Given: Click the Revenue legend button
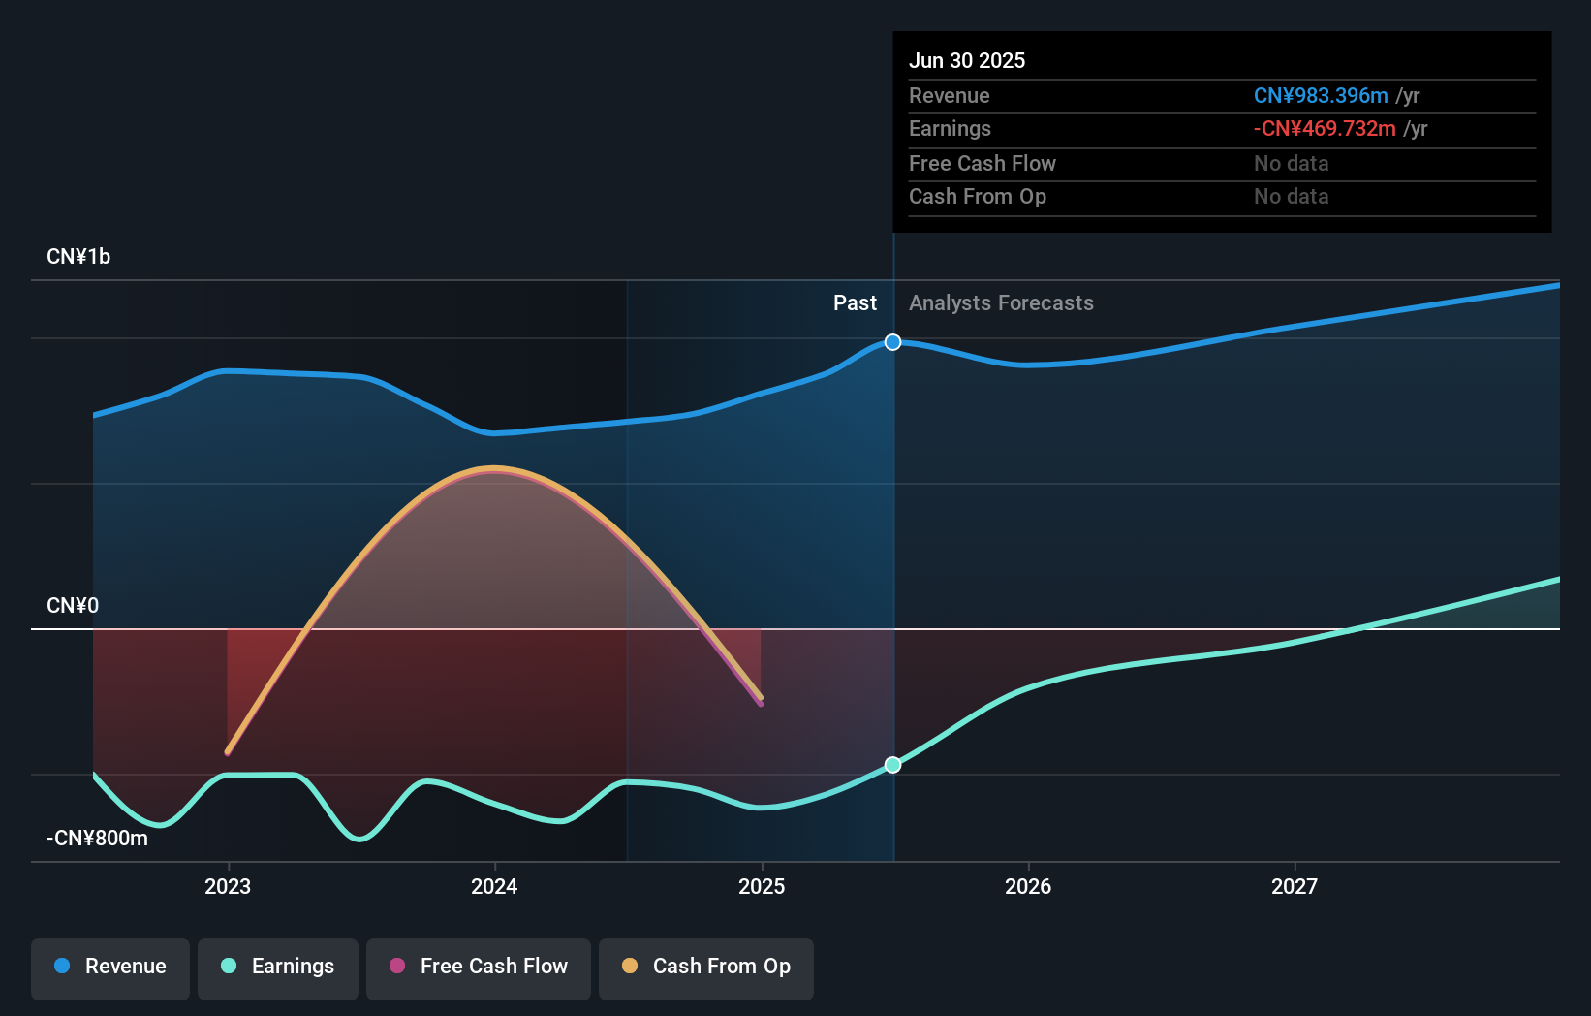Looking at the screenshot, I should [x=110, y=967].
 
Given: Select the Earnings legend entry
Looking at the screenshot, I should [x=278, y=967].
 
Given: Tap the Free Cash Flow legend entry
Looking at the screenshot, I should [x=479, y=967].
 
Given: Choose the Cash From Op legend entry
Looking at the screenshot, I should [x=706, y=967].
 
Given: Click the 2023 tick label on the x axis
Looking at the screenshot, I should [x=228, y=886].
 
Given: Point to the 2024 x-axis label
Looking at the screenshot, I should [x=494, y=886].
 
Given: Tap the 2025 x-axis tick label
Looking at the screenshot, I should [x=762, y=886].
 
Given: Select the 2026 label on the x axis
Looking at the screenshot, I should [x=1028, y=886].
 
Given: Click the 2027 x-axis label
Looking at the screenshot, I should [x=1295, y=886].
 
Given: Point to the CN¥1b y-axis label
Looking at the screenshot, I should [x=78, y=257].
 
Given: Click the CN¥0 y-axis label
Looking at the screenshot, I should [x=73, y=606].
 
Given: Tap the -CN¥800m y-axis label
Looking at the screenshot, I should [x=98, y=839].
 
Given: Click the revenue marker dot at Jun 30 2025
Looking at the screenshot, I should [x=893, y=342].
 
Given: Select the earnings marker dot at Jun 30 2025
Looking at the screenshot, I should [x=893, y=765].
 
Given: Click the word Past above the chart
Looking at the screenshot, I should [x=855, y=303].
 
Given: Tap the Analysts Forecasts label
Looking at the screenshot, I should [x=1001, y=303].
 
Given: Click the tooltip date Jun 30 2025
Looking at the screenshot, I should [x=967, y=60].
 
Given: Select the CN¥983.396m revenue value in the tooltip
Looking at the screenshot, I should [x=1321, y=96].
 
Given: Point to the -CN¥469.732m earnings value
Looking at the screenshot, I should [x=1325, y=129].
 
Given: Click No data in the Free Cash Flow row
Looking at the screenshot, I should [x=1291, y=164].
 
